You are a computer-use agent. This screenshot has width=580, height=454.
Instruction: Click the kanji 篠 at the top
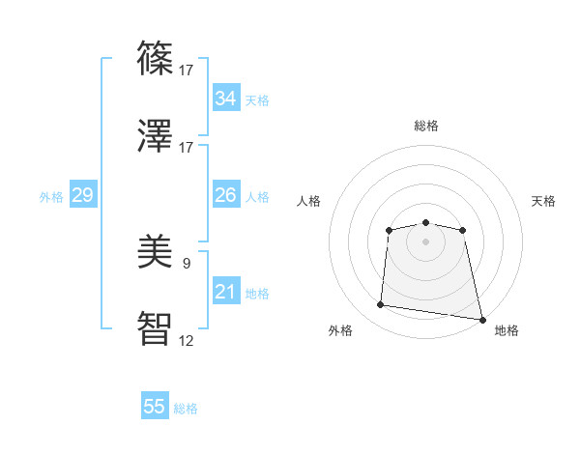157,57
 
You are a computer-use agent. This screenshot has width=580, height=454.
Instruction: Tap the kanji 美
157,251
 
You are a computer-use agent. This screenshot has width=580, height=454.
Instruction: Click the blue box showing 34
225,99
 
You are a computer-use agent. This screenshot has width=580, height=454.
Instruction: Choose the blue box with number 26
225,195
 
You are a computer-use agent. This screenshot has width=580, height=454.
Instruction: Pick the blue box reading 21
225,292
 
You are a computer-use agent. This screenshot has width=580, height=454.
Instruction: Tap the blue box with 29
82,196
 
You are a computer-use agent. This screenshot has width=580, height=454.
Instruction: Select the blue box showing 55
155,407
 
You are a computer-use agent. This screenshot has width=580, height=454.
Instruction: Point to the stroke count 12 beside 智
187,341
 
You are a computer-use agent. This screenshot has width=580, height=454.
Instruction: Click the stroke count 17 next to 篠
187,70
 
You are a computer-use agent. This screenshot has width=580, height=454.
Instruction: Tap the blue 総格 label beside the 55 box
186,409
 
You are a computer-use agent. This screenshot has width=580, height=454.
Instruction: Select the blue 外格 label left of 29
51,197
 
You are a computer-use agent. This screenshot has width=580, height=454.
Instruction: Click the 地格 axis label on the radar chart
507,330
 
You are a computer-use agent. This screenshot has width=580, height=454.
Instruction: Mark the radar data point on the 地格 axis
481,319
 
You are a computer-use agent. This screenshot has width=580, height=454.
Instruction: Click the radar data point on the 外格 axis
381,305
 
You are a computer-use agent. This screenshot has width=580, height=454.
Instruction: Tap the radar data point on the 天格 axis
463,230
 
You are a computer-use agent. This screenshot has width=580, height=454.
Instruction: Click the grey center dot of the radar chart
425,241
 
